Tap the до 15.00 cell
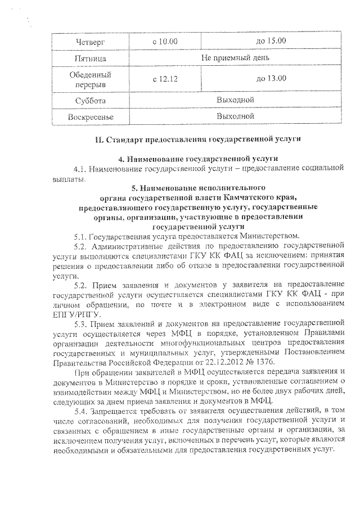(x=271, y=40)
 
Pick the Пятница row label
(x=90, y=58)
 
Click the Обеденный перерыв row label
(x=90, y=79)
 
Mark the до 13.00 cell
(x=271, y=79)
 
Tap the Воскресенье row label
(x=90, y=116)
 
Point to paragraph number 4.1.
(x=81, y=169)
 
